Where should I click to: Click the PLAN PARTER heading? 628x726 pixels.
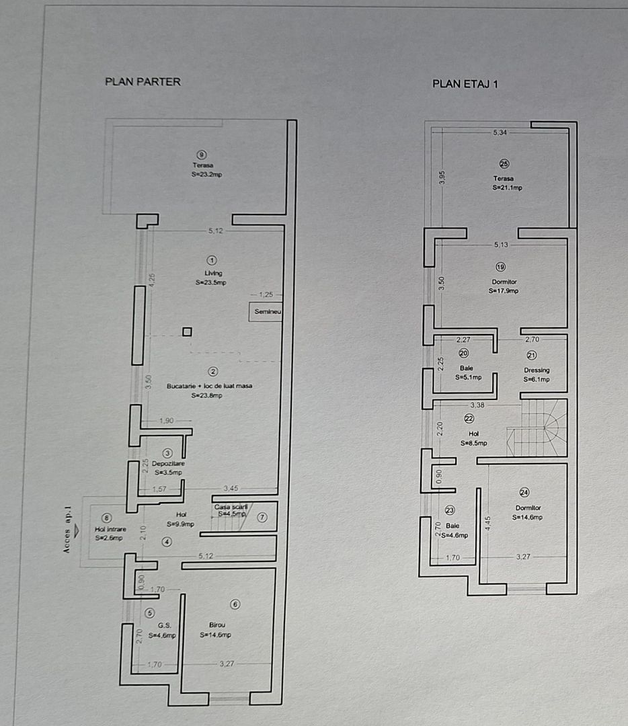coord(143,81)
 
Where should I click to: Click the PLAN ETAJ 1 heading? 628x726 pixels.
coord(465,84)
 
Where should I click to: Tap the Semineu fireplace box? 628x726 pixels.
coord(266,313)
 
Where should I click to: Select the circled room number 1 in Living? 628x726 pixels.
coord(213,259)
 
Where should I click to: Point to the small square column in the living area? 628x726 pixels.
coord(187,331)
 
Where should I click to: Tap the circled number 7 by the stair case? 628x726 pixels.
coord(262,517)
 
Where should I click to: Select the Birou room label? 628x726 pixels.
coord(216,624)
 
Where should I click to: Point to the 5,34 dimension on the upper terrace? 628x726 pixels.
coord(500,132)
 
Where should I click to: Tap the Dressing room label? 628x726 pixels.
coord(537,370)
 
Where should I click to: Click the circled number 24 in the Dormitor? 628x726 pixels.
coord(524,492)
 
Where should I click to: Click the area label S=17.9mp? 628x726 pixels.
coord(504,291)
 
